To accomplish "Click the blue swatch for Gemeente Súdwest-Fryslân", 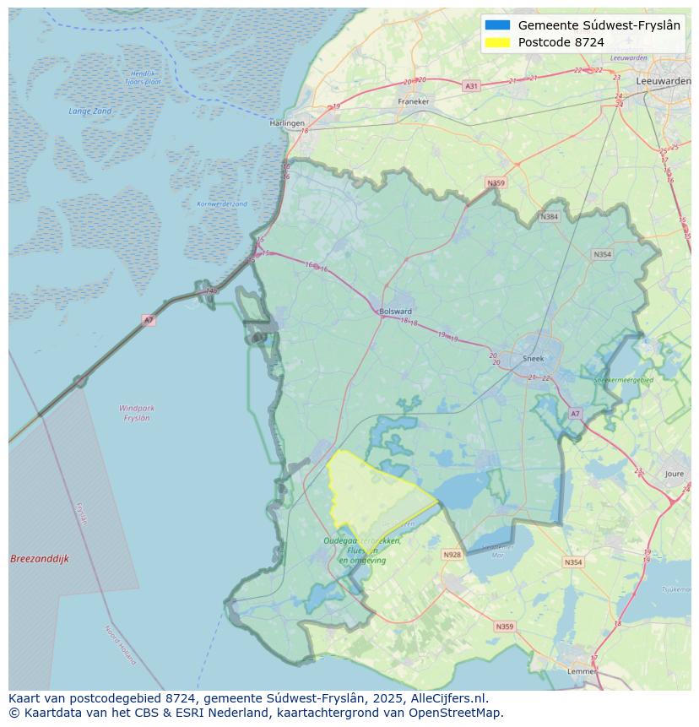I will tap(498, 25).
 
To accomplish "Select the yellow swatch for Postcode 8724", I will tap(498, 42).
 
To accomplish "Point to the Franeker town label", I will tap(414, 101).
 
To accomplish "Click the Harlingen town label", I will tap(287, 123).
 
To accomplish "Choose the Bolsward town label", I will tap(395, 312).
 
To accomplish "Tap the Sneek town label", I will tap(534, 358).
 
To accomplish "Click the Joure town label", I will tap(674, 475).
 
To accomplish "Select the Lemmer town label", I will tap(582, 671).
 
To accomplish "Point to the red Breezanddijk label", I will tap(40, 559).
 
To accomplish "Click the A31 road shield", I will tap(471, 86).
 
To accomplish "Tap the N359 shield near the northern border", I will tap(496, 183).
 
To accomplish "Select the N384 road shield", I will tap(550, 217).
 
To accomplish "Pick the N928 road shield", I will tap(452, 555).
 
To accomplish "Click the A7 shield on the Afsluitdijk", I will tap(149, 320).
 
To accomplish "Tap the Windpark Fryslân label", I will tap(137, 413).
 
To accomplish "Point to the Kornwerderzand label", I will tap(222, 204).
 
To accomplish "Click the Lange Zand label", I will tap(90, 111).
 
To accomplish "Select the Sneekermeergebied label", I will tap(624, 381).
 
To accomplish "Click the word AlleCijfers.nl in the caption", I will tap(448, 698).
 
